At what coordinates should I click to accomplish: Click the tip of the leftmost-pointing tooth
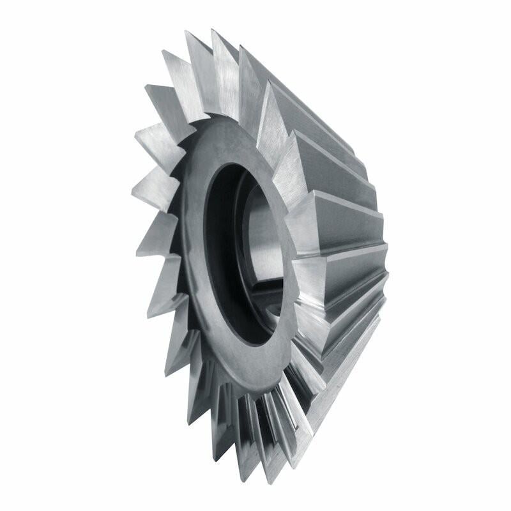(133, 190)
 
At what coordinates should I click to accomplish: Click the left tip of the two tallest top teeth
(186, 32)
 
